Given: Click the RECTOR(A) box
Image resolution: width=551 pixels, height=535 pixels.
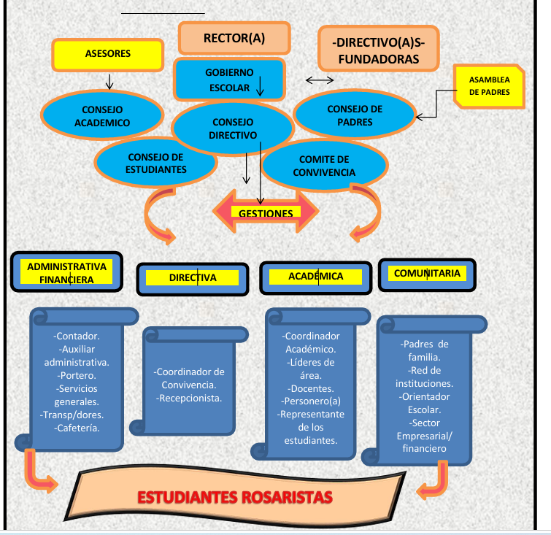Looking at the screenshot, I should (234, 38).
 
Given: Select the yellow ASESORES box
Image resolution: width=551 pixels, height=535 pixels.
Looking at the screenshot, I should (107, 54).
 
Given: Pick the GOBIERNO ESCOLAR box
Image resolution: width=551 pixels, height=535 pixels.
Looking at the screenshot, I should (228, 80).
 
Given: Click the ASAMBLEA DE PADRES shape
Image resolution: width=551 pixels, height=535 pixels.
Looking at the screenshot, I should (488, 85).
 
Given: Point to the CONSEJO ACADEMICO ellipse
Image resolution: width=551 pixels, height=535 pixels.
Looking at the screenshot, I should (102, 115).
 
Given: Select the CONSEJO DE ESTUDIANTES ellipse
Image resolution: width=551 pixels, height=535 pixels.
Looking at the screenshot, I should (155, 163).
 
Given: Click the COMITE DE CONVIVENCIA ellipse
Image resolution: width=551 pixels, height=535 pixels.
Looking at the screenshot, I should (323, 166).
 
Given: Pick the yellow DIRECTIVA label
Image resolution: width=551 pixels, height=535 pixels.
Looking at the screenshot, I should (193, 277).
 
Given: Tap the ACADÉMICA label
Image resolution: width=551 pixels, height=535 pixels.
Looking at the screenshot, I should (315, 277).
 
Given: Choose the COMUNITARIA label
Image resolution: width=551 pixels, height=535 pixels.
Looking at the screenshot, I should (427, 274).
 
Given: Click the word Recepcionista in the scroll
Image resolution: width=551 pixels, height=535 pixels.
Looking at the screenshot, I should (189, 398).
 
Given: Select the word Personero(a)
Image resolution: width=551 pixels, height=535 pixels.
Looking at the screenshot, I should (311, 401).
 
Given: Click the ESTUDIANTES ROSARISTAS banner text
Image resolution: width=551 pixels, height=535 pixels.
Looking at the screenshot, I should (235, 498).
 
